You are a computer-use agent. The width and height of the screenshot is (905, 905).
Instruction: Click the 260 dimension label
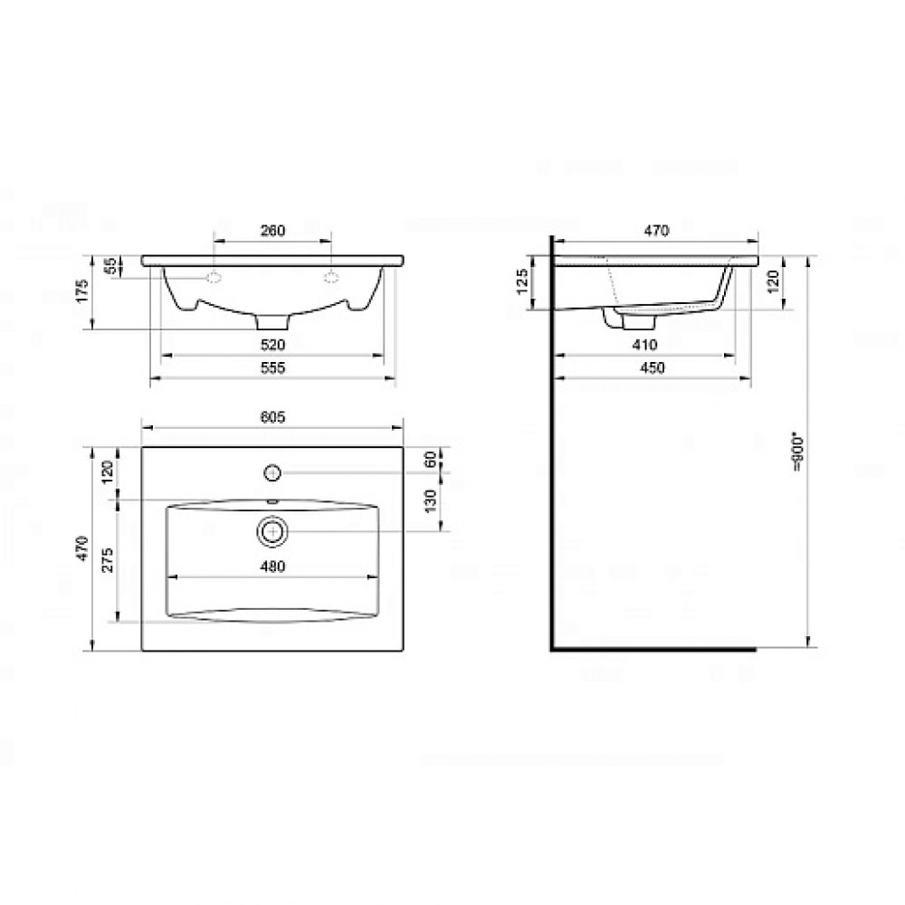272,230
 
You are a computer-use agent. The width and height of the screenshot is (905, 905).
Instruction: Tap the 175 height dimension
82,291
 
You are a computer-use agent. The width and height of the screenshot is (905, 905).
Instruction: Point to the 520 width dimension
272,345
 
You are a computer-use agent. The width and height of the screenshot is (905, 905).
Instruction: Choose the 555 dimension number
272,367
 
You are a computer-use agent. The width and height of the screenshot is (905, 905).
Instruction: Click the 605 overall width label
272,416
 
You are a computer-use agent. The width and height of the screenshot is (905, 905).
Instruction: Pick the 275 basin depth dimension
108,560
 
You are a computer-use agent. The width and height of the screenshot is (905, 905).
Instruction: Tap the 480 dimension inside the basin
272,567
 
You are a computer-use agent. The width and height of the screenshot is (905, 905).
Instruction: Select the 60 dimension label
430,460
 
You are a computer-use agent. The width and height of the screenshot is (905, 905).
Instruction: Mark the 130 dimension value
430,501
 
